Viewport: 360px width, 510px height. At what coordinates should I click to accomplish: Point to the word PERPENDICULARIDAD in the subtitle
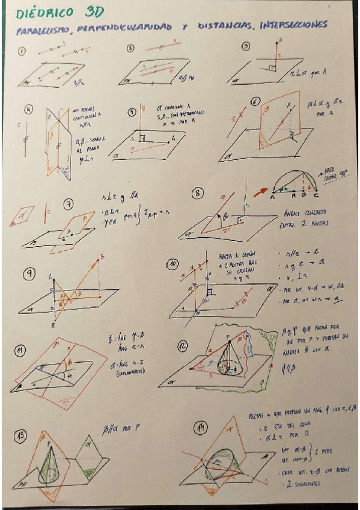pyautogui.click(x=133, y=27)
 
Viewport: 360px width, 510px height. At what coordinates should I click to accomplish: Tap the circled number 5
pyautogui.click(x=134, y=112)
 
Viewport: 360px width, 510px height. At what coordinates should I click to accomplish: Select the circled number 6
pyautogui.click(x=256, y=103)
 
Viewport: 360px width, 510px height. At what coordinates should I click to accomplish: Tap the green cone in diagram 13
pyautogui.click(x=48, y=463)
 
